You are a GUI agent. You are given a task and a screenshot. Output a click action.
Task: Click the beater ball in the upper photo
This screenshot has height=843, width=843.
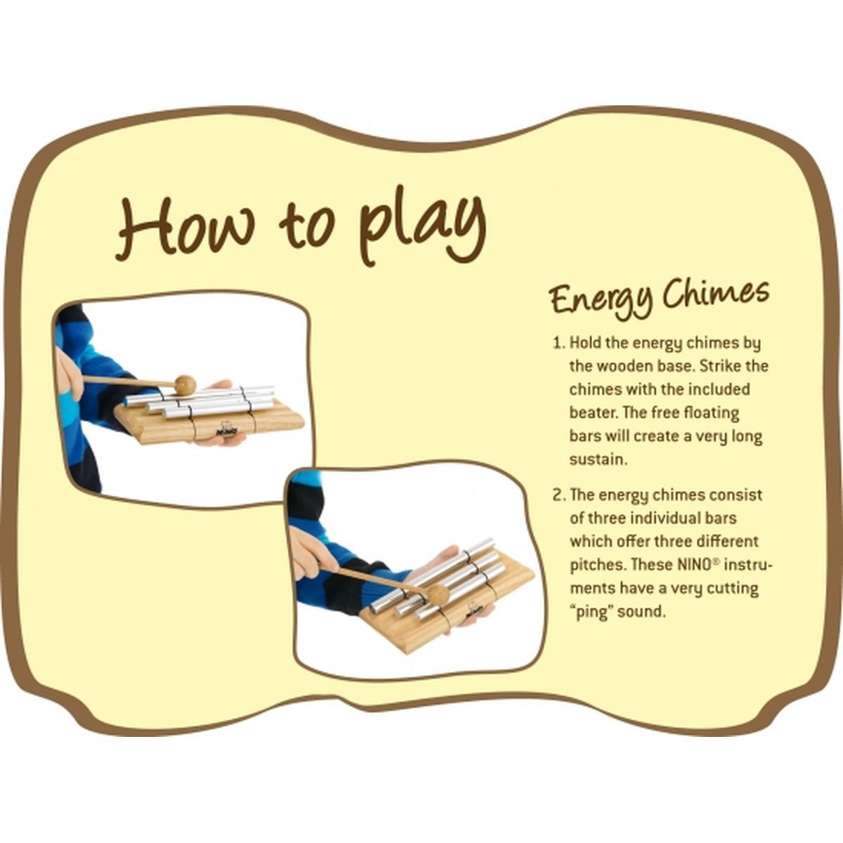click(x=185, y=384)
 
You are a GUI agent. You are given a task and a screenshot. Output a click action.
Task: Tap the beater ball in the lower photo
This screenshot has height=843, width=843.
click(x=438, y=594)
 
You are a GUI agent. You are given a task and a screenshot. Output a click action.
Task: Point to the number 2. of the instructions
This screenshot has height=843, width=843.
click(x=559, y=495)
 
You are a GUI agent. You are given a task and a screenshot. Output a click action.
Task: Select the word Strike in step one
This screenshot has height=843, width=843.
click(x=719, y=366)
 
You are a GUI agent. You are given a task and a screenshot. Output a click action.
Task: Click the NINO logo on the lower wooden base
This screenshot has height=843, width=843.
click(x=472, y=613)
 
